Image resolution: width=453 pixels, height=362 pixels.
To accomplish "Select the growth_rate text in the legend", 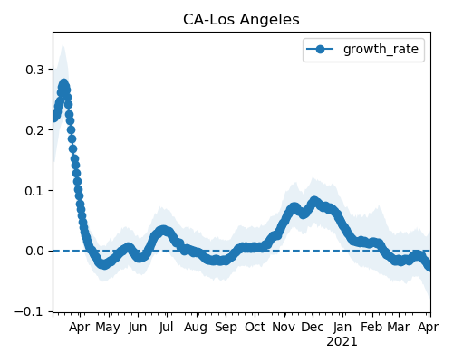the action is [x=381, y=49].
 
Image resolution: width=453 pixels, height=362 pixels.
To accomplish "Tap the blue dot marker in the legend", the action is [x=320, y=49].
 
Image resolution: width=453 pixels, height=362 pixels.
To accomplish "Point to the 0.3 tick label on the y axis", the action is [x=34, y=70].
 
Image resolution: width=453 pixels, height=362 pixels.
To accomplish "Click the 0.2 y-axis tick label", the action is [x=34, y=130].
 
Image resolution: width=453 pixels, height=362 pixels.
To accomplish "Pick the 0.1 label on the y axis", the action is [x=34, y=191].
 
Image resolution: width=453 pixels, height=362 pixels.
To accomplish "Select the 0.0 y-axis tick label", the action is [x=34, y=251].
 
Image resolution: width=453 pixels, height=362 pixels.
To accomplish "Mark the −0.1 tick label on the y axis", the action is [x=30, y=311].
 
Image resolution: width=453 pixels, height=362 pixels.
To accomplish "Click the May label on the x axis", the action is [x=108, y=328].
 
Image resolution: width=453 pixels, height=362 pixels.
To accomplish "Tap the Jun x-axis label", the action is [x=138, y=328].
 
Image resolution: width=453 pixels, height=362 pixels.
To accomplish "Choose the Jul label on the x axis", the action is [x=167, y=327].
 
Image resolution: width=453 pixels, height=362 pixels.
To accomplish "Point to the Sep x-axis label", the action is [x=226, y=328].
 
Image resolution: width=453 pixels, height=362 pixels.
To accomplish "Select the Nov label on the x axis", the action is [x=284, y=327].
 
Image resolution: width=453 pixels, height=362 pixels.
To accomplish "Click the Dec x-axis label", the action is [x=313, y=327].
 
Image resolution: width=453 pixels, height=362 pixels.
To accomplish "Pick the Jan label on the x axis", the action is [x=342, y=327].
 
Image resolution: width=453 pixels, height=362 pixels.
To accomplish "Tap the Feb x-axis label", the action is [x=372, y=327].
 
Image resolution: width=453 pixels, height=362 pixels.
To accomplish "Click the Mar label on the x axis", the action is [x=399, y=327].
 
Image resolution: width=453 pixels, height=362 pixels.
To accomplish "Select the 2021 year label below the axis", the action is [x=342, y=342].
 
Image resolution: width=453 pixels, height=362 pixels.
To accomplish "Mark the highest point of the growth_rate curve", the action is [x=63, y=83].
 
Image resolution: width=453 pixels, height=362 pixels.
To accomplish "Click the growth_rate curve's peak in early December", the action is [x=314, y=201].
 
